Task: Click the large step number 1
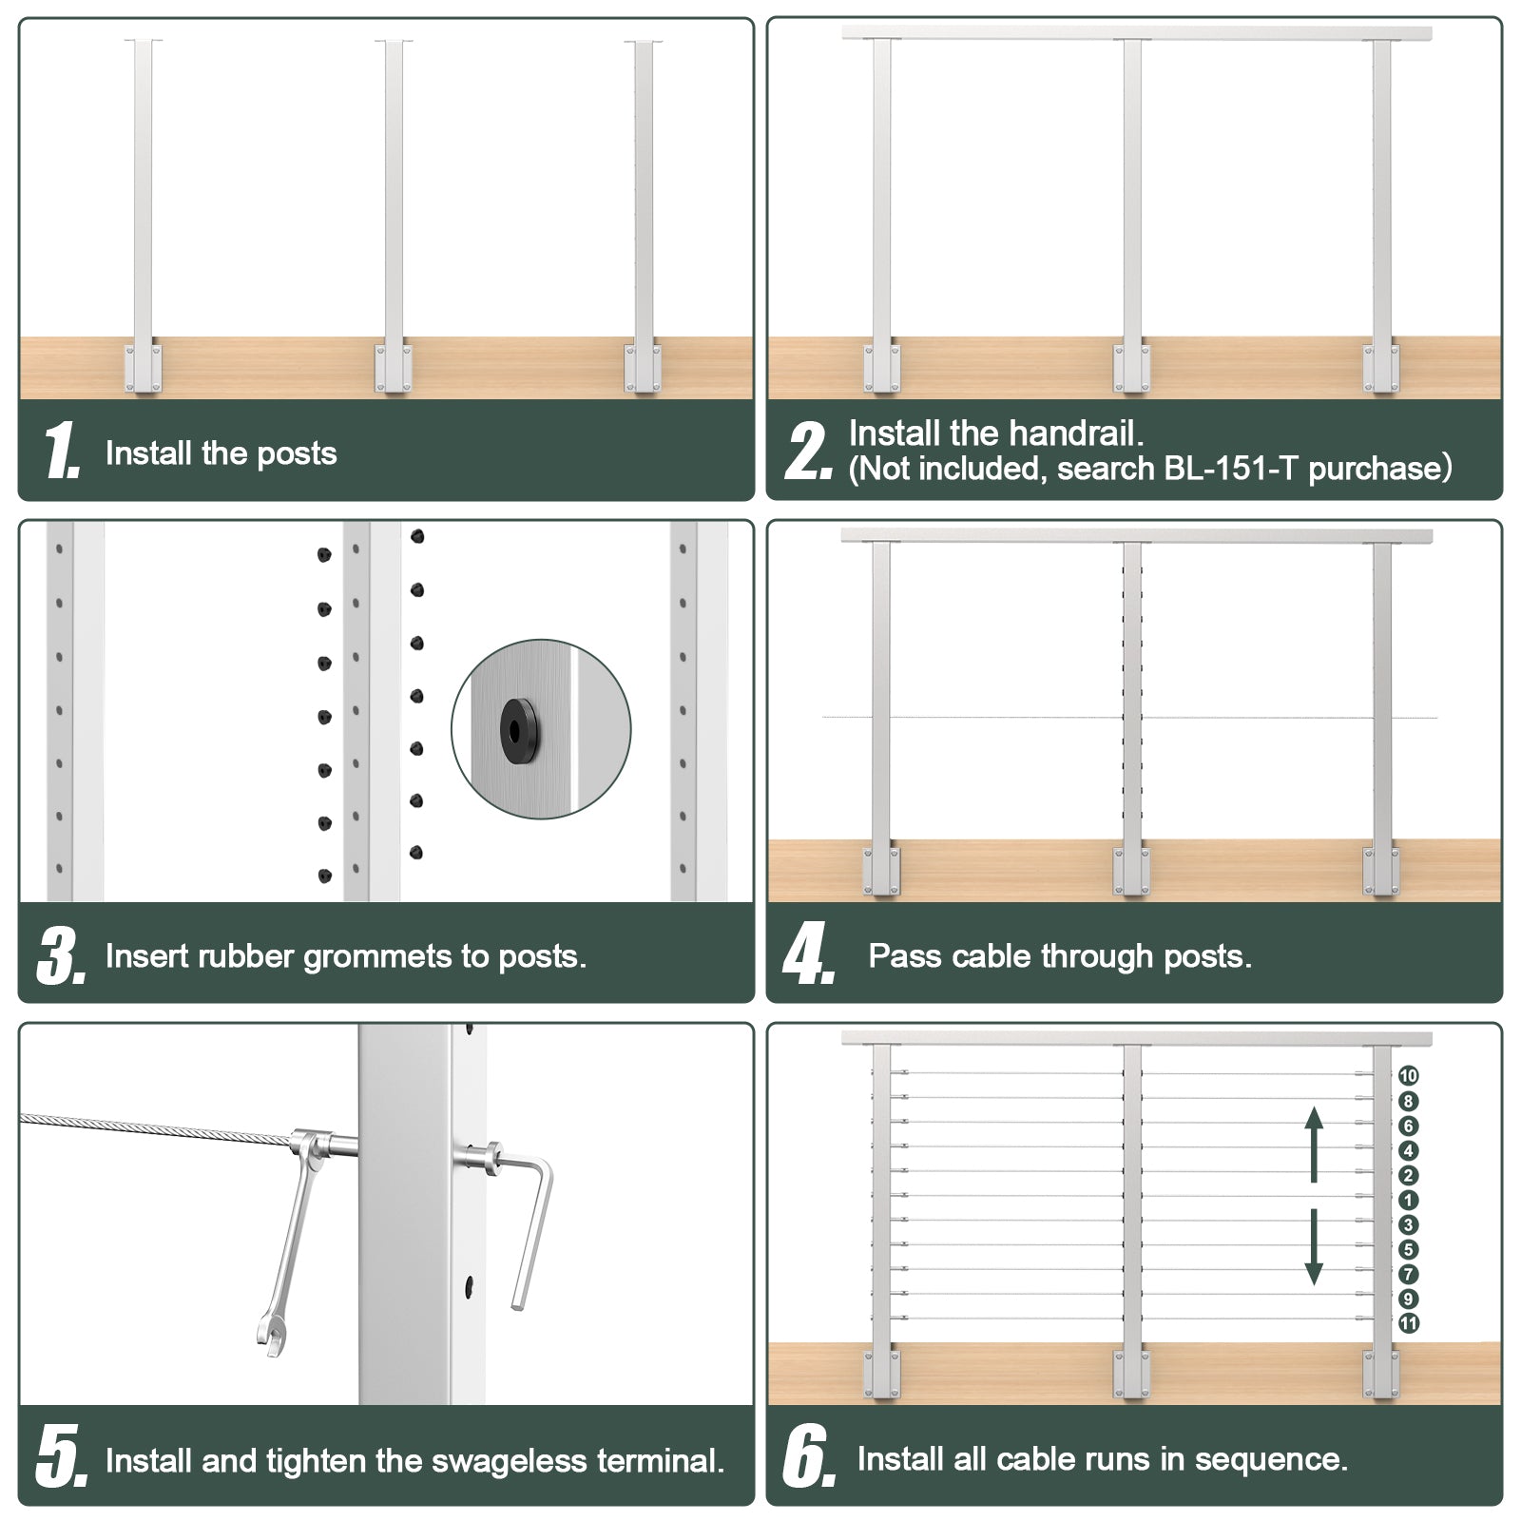tap(62, 451)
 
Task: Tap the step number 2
tap(808, 451)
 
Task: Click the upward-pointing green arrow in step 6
tap(1314, 1144)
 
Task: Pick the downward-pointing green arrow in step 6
tap(1314, 1247)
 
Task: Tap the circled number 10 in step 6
tap(1408, 1076)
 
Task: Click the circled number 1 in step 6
tap(1408, 1201)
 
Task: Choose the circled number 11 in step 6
tap(1408, 1323)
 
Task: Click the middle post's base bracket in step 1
tap(394, 369)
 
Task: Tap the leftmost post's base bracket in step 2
tap(881, 368)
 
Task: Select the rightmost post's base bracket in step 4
tap(1381, 871)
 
